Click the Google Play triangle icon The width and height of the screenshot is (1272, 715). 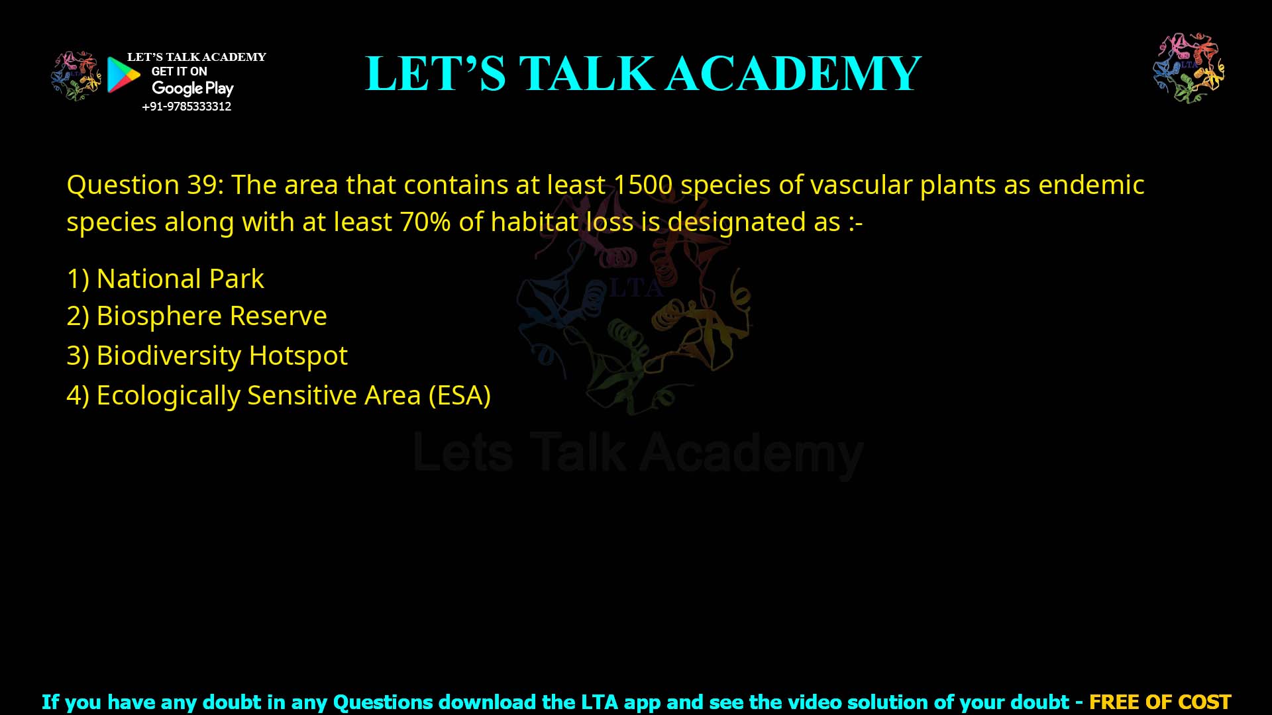(123, 75)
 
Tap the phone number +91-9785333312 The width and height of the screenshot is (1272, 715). (187, 107)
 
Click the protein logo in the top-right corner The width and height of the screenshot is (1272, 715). (1189, 68)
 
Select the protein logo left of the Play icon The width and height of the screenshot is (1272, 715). (76, 75)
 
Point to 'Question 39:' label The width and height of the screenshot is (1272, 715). (145, 185)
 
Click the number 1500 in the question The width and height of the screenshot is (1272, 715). (643, 185)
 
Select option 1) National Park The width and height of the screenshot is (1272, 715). (166, 279)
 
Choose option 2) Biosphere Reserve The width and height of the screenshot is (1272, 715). (197, 316)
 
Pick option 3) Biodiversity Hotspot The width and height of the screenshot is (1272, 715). (207, 356)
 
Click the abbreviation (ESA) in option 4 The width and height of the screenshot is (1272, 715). (459, 395)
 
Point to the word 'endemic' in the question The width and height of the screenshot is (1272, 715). (1091, 185)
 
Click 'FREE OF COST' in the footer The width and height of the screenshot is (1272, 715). (1160, 702)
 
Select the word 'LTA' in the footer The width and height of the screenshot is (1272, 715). (600, 702)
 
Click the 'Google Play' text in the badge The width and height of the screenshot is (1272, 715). (192, 89)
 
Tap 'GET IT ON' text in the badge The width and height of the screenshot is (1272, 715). (179, 71)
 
